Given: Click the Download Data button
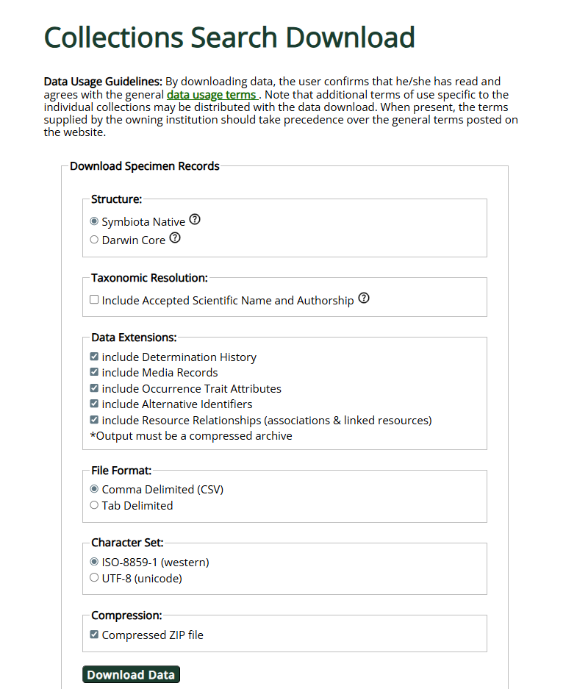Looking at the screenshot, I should pos(131,675).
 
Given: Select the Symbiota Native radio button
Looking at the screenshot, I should pos(94,221).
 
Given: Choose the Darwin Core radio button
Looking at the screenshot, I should pos(94,240).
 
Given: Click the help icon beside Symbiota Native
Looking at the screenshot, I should pos(195,220).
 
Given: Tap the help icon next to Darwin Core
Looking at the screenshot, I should pos(175,238).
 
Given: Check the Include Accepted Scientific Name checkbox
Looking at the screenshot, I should pos(94,300).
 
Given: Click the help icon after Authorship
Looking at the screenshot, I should pos(364,299).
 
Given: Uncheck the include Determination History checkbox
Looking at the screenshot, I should pos(94,357).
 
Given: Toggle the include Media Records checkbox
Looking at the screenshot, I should pos(94,373).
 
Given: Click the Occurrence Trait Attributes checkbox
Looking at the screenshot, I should pos(94,388).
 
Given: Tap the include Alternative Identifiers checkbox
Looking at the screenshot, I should pos(94,404).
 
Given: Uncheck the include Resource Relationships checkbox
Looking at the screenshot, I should pos(94,421).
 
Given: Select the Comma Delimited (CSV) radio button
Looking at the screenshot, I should pos(94,489).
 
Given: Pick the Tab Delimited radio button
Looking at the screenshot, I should pos(94,505).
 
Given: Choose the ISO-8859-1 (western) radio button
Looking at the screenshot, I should pos(94,562).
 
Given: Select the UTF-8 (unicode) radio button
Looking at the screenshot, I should pos(94,578).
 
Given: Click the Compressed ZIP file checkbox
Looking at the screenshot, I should pos(94,635).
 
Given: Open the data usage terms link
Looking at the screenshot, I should pos(211,95).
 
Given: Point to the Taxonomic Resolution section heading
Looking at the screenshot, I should pos(149,278).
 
